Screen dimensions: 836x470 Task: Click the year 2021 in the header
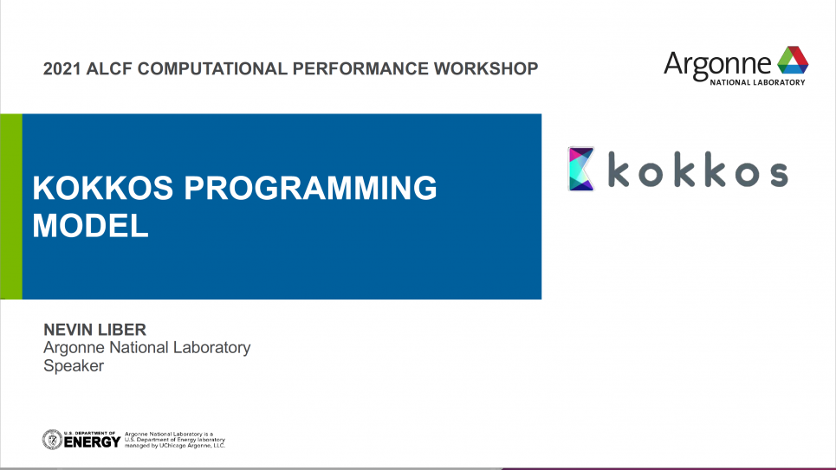click(x=62, y=68)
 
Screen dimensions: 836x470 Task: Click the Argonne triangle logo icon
click(x=793, y=60)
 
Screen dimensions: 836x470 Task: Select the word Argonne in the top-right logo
click(x=717, y=64)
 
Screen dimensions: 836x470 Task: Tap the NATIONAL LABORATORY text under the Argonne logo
click(x=757, y=82)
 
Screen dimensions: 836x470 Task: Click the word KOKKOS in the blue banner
click(x=103, y=188)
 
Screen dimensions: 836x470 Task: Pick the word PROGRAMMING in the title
click(x=310, y=188)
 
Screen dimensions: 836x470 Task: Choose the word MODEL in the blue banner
click(x=90, y=225)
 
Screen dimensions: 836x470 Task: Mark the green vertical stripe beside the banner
click(x=11, y=206)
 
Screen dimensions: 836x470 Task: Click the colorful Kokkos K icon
click(x=581, y=169)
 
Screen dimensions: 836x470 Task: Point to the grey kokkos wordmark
click(x=698, y=170)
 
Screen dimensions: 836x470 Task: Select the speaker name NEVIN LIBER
click(x=95, y=329)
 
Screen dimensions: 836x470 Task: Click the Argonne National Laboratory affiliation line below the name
click(x=146, y=347)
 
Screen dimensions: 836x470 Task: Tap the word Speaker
click(x=74, y=365)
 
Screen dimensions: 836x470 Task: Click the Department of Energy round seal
click(x=52, y=440)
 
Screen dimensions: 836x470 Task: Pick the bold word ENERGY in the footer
click(x=92, y=441)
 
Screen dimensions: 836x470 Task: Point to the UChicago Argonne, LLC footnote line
click(x=175, y=446)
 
